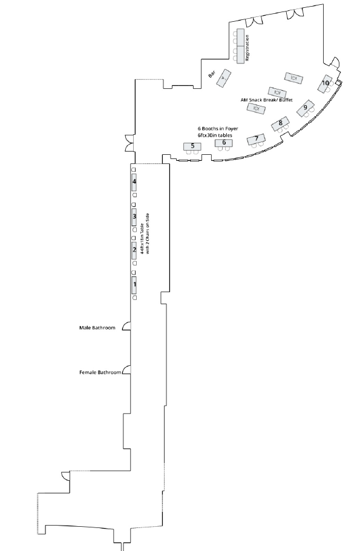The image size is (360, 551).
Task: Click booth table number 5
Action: point(192,146)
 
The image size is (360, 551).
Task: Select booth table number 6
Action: point(224,143)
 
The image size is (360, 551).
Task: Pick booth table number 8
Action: point(280,123)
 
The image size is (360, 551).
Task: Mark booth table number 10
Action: point(325,83)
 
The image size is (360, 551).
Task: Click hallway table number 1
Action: point(134,285)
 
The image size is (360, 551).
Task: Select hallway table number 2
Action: point(134,250)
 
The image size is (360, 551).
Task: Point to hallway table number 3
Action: point(134,217)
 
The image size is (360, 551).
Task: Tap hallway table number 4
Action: point(134,182)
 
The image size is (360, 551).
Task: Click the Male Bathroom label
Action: point(97,328)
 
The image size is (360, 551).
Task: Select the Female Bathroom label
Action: point(100,373)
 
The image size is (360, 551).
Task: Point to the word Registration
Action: point(247,48)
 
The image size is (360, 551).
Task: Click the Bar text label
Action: point(212,74)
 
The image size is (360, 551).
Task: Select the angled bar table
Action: point(224,79)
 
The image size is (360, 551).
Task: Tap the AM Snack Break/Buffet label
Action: point(266,100)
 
